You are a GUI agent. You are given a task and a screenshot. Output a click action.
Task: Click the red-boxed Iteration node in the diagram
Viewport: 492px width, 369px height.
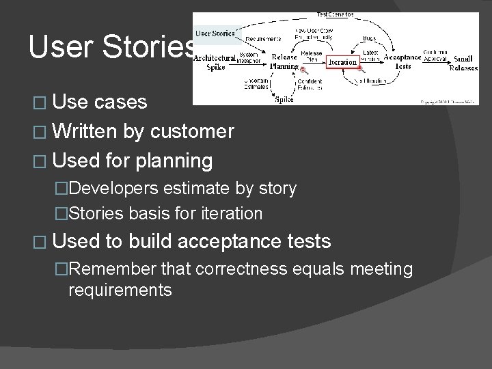tap(342, 62)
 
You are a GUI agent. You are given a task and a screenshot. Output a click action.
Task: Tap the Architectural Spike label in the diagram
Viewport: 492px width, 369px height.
tap(215, 63)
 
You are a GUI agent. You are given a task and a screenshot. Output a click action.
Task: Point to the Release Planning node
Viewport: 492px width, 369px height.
tap(284, 62)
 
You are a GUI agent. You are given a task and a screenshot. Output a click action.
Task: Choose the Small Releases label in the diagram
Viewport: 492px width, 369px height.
tap(462, 62)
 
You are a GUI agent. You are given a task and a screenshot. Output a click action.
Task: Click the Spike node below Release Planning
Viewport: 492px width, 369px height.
tap(284, 99)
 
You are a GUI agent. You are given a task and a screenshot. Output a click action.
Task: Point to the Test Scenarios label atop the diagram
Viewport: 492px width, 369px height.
tap(336, 14)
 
